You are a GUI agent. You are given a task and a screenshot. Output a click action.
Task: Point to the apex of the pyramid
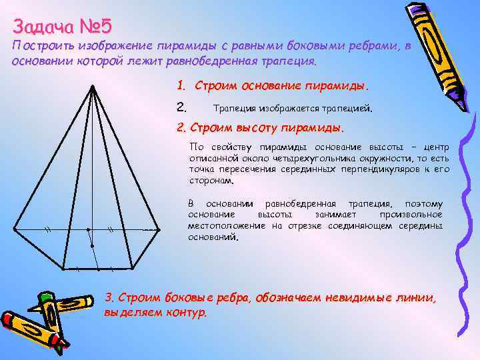(91, 86)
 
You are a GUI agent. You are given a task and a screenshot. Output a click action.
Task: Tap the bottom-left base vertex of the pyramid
(63, 269)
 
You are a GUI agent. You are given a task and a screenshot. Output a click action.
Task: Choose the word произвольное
(411, 215)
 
